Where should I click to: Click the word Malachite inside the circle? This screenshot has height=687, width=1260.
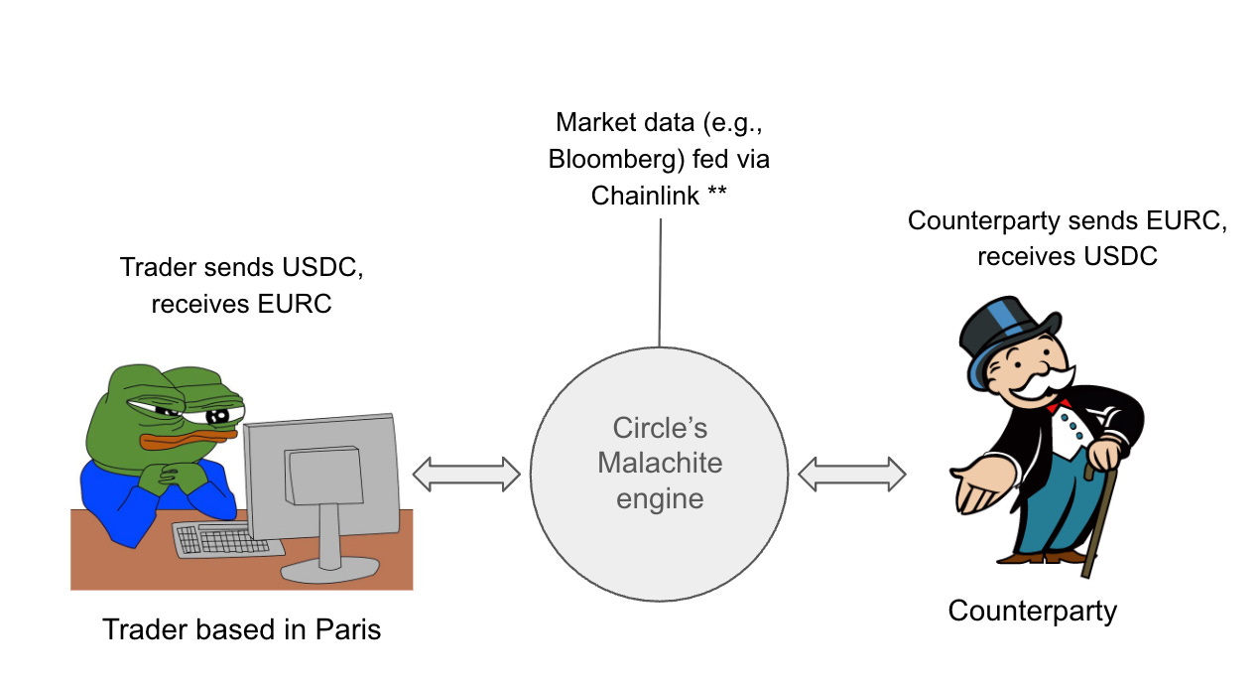(660, 463)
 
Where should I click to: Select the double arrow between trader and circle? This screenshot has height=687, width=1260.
(466, 474)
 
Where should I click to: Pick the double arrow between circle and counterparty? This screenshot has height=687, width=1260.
(852, 474)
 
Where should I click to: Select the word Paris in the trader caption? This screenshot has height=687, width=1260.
(347, 629)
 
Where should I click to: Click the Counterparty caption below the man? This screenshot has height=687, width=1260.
(1032, 610)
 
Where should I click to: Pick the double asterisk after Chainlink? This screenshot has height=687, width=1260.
(716, 195)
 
